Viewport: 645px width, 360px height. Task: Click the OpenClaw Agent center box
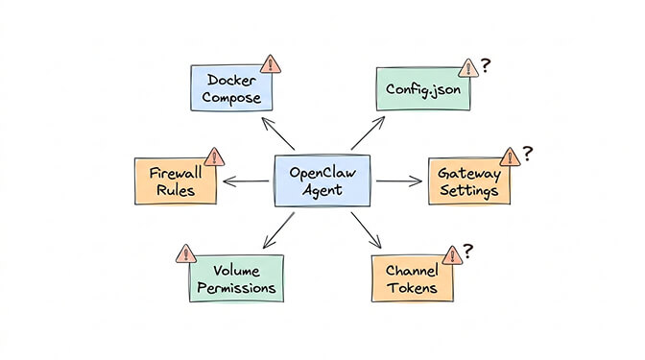[322, 180]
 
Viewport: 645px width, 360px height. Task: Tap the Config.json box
[418, 89]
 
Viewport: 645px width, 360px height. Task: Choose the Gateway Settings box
[468, 180]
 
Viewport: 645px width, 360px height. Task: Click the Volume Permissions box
[236, 278]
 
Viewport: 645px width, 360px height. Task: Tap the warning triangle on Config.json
[467, 68]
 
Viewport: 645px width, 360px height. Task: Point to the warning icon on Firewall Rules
[215, 156]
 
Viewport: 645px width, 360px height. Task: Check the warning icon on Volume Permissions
[184, 253]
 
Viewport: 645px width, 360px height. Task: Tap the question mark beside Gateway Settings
[527, 153]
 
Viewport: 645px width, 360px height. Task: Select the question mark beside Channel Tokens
[468, 251]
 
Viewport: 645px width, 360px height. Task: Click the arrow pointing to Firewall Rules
[246, 180]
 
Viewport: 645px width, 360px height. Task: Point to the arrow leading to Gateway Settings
[398, 180]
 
